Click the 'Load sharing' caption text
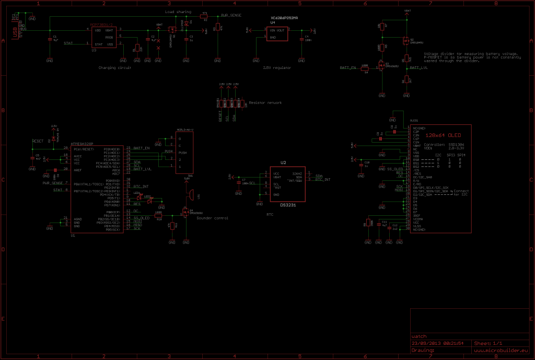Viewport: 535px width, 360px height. (178, 11)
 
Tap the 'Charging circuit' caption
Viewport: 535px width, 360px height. (114, 68)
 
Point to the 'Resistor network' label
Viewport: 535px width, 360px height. (265, 103)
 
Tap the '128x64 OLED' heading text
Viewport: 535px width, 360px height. (440, 136)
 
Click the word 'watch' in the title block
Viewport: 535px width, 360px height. (420, 336)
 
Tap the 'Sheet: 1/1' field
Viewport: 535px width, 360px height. (488, 343)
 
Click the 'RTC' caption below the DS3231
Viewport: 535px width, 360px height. (270, 215)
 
